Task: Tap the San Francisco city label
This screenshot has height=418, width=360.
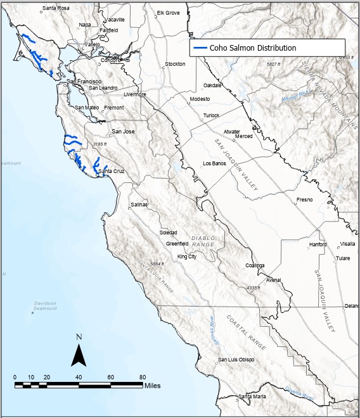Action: coord(84,82)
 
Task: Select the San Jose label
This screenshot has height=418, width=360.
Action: coord(123,132)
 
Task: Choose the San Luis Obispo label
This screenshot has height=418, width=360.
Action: coord(236,360)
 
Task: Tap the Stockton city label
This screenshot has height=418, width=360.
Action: coord(175,64)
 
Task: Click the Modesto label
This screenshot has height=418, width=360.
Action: coord(199,99)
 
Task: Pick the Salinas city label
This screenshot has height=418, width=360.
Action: coord(139,205)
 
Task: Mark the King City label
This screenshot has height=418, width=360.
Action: coord(187,256)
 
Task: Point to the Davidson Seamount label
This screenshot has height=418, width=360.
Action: coord(45,305)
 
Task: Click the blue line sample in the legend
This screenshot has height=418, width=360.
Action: coord(200,47)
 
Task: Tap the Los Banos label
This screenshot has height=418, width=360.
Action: coord(214,163)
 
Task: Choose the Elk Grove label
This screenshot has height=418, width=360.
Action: coord(169,13)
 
